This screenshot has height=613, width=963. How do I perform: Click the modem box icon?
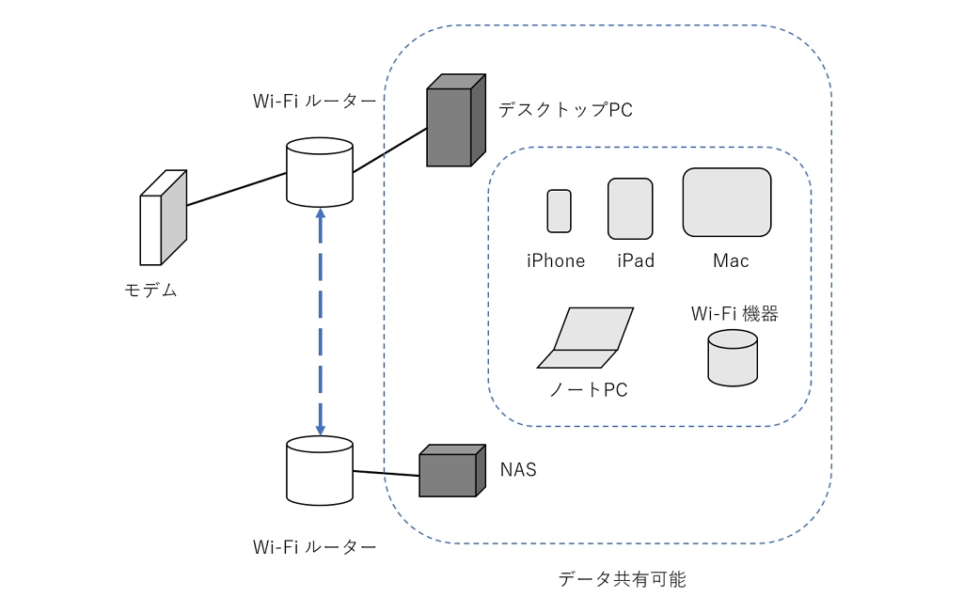coord(163,218)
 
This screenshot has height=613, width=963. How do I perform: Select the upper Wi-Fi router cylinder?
coord(320,173)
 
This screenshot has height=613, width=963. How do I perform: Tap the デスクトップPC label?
coord(565,110)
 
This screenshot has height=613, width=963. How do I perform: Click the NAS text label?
coord(518,469)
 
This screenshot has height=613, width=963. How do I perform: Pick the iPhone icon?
coord(560,212)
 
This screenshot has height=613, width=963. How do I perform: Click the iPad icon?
coord(630,209)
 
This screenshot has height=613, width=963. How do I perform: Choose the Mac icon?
coord(727,202)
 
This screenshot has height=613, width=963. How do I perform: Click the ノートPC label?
coord(588,389)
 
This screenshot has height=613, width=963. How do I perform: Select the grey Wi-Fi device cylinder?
coord(733,358)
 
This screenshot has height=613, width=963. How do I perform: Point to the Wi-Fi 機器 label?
coord(734,314)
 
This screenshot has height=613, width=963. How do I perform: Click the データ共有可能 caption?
coord(623,579)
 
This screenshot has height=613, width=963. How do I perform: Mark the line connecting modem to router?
coord(236,190)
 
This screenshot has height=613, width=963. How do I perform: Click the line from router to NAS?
coord(386,473)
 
